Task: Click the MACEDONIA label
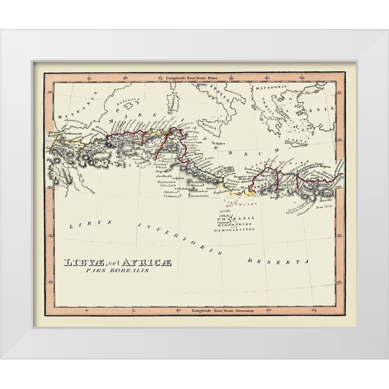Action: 271,88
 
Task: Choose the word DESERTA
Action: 278,261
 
